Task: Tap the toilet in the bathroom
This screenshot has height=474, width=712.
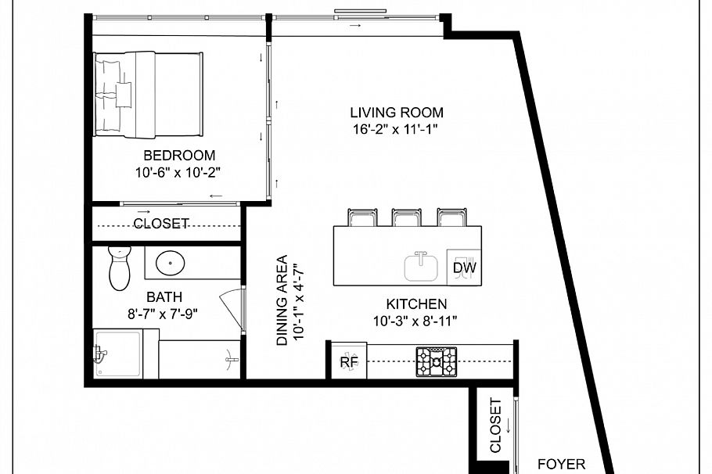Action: [119, 269]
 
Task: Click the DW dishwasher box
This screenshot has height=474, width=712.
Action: [464, 268]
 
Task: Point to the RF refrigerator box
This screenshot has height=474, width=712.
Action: [349, 362]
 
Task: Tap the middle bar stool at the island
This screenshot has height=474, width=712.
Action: [407, 218]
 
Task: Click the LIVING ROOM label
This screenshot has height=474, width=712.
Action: [396, 113]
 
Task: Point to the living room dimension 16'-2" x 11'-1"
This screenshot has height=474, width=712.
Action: [396, 130]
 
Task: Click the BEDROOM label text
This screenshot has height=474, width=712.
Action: [179, 156]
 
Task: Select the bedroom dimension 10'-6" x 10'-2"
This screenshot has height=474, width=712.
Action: [179, 172]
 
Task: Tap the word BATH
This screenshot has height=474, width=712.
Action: [164, 297]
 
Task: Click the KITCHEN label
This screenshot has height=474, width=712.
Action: [416, 304]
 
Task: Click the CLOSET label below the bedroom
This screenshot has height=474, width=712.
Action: [160, 224]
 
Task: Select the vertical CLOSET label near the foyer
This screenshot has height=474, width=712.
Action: [495, 426]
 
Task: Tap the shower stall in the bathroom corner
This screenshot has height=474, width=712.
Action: [119, 355]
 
